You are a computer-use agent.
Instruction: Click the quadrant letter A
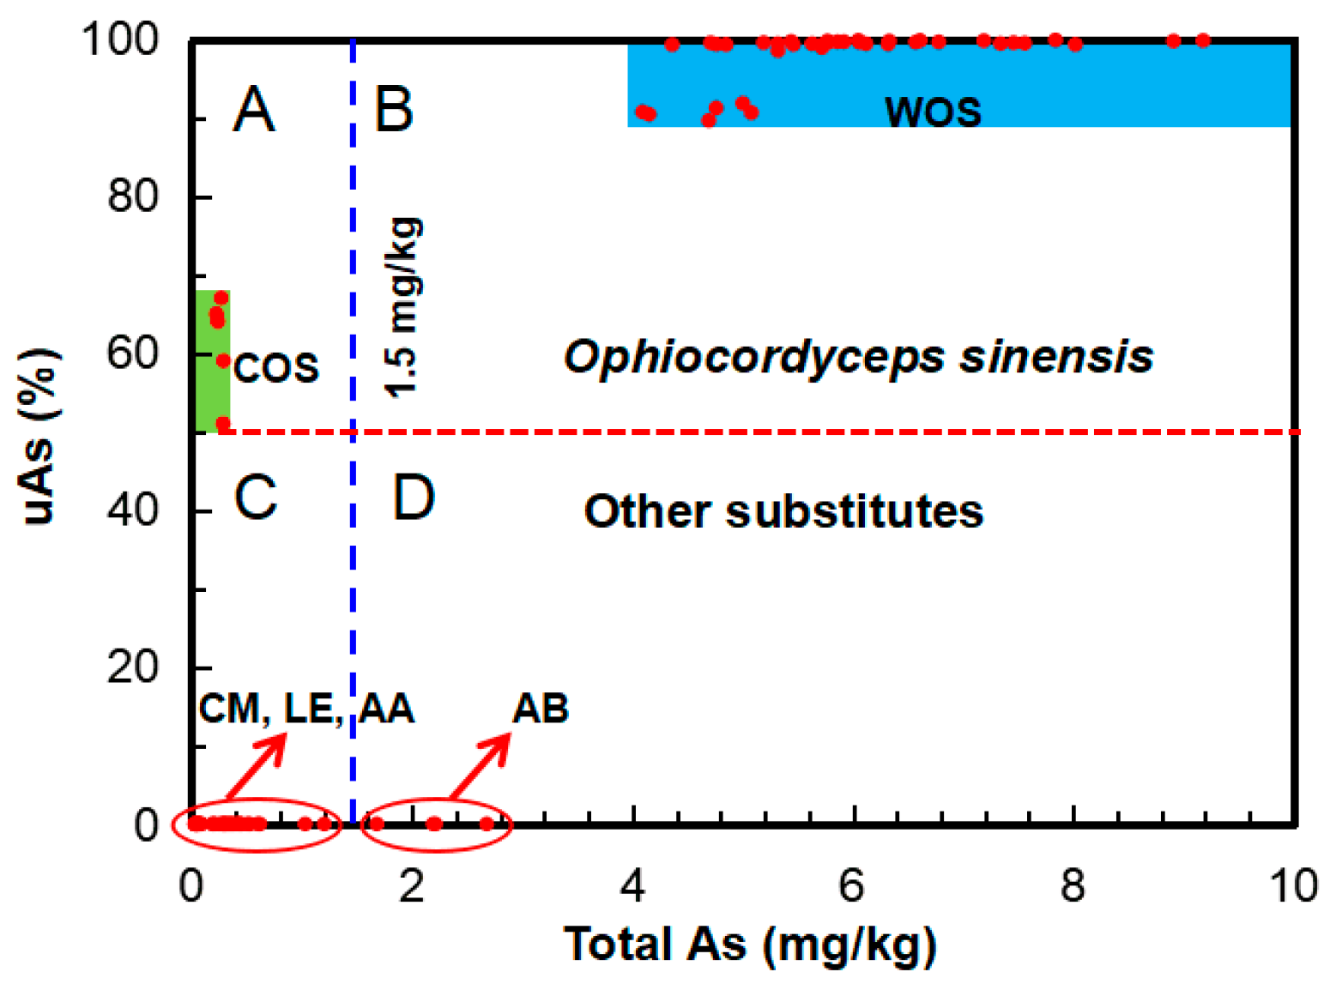pyautogui.click(x=254, y=110)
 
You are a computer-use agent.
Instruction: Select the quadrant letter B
pyautogui.click(x=394, y=110)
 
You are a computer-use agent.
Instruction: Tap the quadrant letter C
pyautogui.click(x=256, y=497)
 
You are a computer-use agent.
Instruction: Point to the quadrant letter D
pyautogui.click(x=414, y=497)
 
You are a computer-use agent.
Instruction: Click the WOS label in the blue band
pyautogui.click(x=933, y=112)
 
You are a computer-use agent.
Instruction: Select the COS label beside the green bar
pyautogui.click(x=276, y=368)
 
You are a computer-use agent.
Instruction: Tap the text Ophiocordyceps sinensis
pyautogui.click(x=858, y=356)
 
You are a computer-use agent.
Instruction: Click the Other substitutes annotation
pyautogui.click(x=783, y=511)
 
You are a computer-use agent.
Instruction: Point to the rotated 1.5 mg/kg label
pyautogui.click(x=402, y=307)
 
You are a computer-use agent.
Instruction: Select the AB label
pyautogui.click(x=541, y=709)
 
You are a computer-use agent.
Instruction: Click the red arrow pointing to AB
pyautogui.click(x=480, y=766)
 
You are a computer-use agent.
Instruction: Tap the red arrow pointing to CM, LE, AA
pyautogui.click(x=255, y=766)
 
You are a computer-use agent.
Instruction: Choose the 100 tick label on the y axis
pyautogui.click(x=120, y=39)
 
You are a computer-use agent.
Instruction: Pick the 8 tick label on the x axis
pyautogui.click(x=1073, y=884)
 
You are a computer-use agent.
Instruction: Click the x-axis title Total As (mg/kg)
pyautogui.click(x=750, y=944)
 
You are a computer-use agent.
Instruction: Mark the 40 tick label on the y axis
pyautogui.click(x=132, y=510)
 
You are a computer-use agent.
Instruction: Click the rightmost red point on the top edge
pyautogui.click(x=1202, y=40)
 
